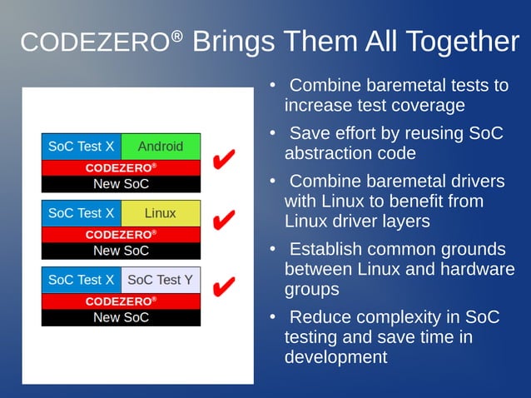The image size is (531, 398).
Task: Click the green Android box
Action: (x=161, y=147)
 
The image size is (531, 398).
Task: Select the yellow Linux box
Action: (x=161, y=213)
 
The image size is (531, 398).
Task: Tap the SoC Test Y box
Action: (x=161, y=280)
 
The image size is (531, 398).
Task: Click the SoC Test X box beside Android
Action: (x=82, y=147)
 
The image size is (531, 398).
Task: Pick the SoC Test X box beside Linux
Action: (x=82, y=213)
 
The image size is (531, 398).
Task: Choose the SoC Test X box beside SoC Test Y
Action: (x=82, y=280)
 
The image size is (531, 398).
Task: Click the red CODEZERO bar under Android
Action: (x=122, y=167)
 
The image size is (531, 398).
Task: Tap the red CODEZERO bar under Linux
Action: (x=122, y=234)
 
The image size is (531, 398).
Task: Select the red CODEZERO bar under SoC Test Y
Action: (x=122, y=301)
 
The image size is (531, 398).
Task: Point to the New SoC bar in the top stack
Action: (x=122, y=184)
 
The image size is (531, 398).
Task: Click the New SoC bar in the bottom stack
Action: (x=122, y=317)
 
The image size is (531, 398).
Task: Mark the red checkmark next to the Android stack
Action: (x=222, y=158)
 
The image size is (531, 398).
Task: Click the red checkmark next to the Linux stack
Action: (x=222, y=221)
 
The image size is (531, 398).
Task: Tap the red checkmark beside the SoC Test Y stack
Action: (x=222, y=287)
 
